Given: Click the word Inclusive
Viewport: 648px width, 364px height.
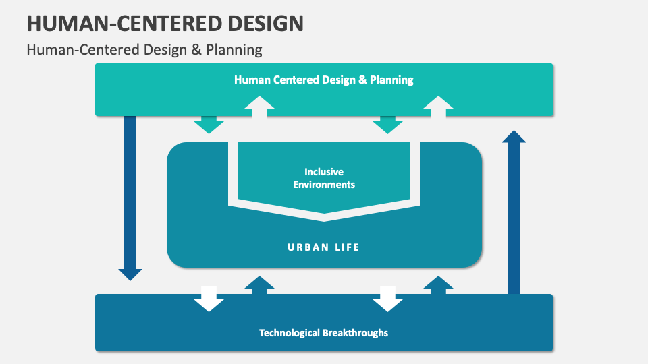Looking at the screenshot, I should pos(324,172).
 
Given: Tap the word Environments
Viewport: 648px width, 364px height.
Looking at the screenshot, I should pos(324,184).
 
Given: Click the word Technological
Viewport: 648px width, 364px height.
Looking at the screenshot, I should pos(290,332).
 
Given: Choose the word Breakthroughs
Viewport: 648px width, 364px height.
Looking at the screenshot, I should pos(355,332).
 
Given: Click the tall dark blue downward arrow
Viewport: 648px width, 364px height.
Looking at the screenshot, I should pos(130,195).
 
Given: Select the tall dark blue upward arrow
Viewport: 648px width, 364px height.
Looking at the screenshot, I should pos(514,209).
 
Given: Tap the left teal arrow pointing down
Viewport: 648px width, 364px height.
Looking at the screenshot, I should pos(209,124).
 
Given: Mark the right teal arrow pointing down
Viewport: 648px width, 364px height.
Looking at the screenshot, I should pos(387,124).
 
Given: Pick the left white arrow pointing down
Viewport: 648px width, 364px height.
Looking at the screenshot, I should pos(209,299).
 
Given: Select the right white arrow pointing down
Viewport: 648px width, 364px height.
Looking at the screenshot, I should pos(387,299).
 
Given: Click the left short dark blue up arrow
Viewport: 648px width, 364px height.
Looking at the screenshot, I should pos(259,284).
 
